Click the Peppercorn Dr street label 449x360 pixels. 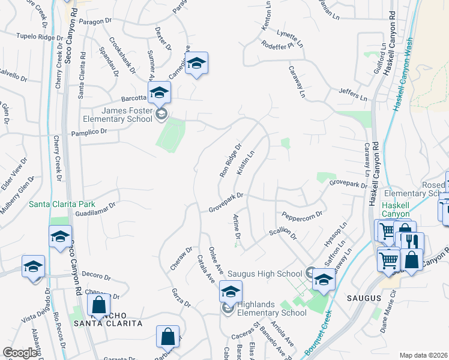click(302, 214)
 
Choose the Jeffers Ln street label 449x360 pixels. click(352, 95)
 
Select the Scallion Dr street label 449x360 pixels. click(283, 233)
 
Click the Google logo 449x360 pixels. click(19, 353)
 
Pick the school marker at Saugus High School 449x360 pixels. click(324, 280)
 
